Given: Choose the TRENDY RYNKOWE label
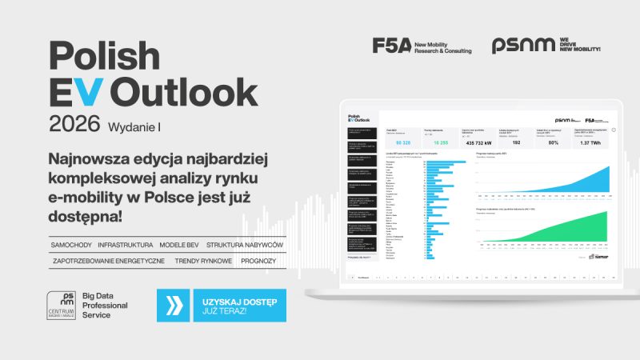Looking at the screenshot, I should click(x=203, y=261).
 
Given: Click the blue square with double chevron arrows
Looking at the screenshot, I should click(x=174, y=305).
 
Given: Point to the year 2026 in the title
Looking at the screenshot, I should click(x=74, y=124).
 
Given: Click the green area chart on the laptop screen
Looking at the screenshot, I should click(x=560, y=232).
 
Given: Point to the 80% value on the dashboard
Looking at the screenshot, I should click(x=553, y=142).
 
